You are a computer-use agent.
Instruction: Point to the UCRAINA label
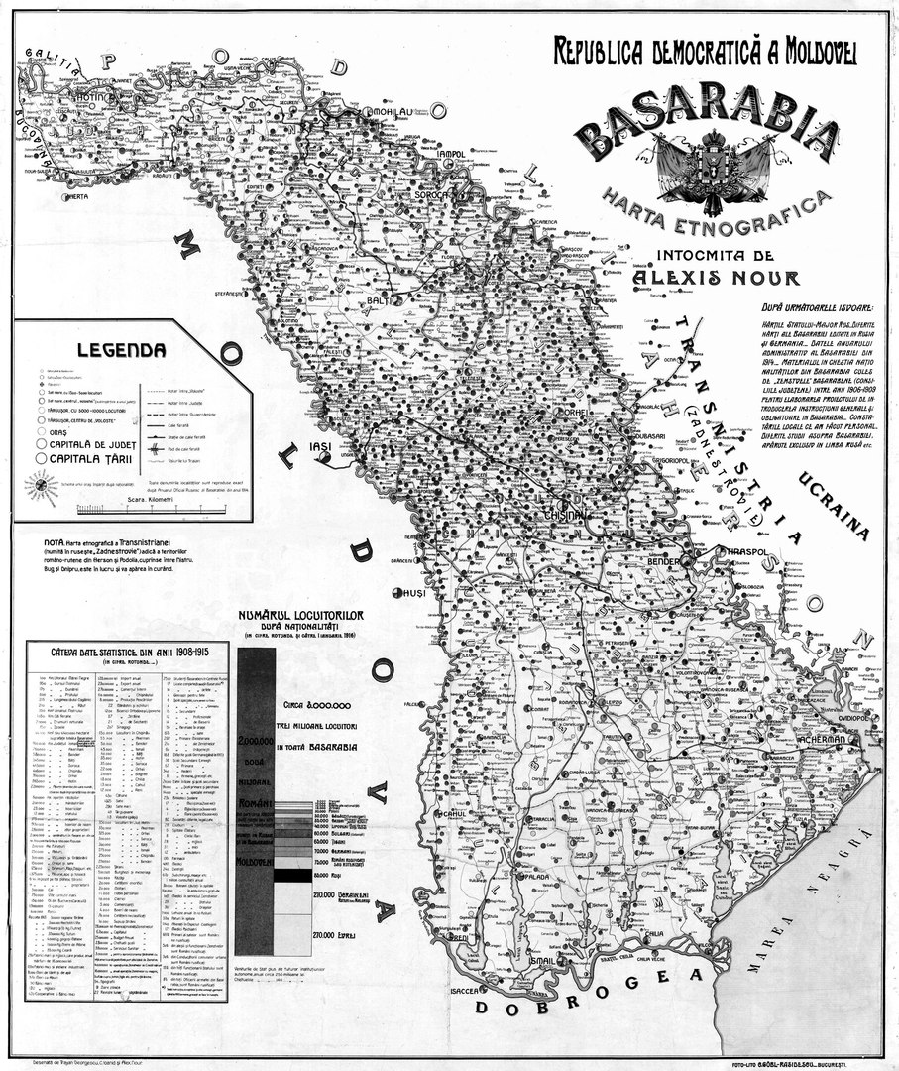tap(833, 505)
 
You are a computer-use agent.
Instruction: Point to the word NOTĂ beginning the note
tap(56, 542)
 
